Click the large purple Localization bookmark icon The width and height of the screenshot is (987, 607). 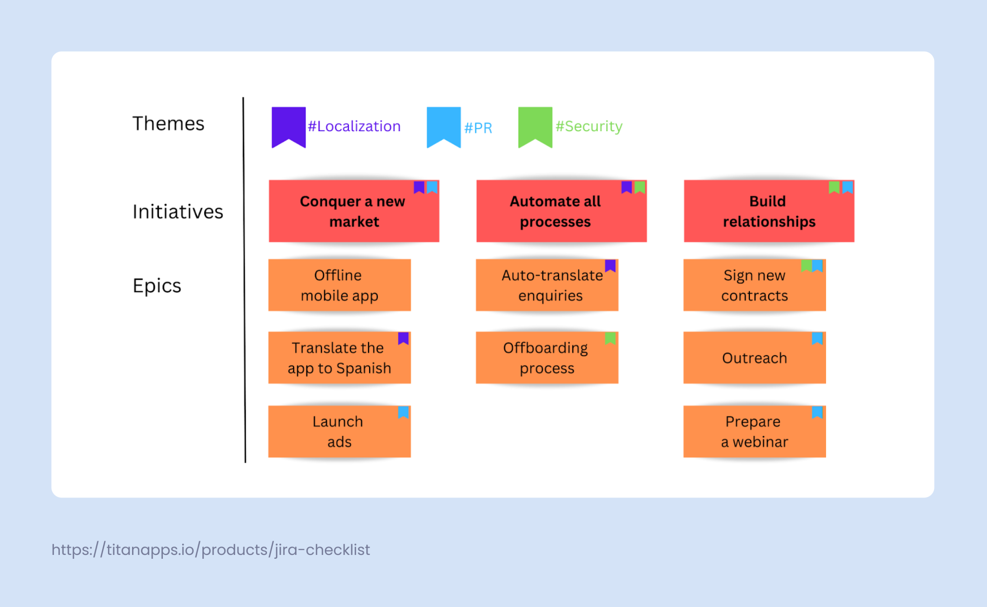288,125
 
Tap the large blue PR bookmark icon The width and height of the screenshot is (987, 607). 443,125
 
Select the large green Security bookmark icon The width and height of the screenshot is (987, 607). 535,125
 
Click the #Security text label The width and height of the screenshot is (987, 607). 589,126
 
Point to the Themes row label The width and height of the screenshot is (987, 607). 168,123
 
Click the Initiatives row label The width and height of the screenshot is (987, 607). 178,212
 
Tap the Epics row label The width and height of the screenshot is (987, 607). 157,285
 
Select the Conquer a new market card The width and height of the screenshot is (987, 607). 353,211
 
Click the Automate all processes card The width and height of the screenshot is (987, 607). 561,211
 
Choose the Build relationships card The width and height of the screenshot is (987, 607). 769,211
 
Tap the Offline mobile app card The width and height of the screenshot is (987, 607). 339,285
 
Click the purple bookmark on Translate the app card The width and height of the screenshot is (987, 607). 403,338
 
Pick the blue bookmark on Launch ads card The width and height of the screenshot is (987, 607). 403,412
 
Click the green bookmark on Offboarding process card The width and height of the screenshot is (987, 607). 610,337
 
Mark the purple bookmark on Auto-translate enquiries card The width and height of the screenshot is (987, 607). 610,265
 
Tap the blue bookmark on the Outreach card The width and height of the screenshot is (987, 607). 817,337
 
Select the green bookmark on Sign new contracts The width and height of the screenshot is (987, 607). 806,265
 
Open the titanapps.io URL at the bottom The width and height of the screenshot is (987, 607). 211,550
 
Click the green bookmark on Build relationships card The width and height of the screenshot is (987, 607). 834,187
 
